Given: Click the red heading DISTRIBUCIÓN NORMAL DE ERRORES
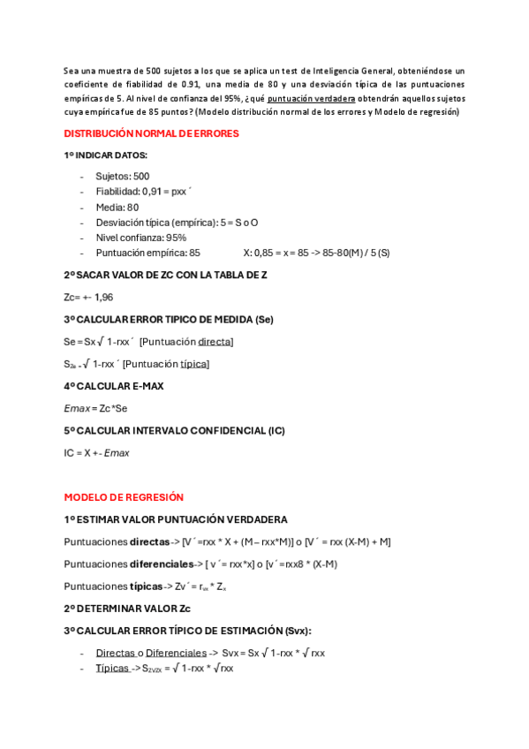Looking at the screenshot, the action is (151, 133).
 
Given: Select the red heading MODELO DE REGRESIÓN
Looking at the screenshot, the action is (124, 497).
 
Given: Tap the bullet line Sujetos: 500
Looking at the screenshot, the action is (122, 176).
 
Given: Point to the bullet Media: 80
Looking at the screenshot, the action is (117, 207).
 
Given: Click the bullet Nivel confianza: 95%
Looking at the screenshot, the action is (140, 238).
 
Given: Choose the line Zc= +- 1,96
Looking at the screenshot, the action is (88, 297).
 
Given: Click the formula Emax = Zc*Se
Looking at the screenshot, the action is (95, 408).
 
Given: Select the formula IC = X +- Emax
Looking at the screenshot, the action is (96, 453).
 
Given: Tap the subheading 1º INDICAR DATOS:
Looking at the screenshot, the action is (106, 155).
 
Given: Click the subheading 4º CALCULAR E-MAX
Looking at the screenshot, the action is (114, 386).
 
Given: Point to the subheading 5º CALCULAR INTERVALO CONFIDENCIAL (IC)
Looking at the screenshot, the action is (174, 430).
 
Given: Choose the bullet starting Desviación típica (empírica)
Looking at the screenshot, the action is (177, 223).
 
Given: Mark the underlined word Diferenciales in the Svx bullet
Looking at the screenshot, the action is (176, 653).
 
